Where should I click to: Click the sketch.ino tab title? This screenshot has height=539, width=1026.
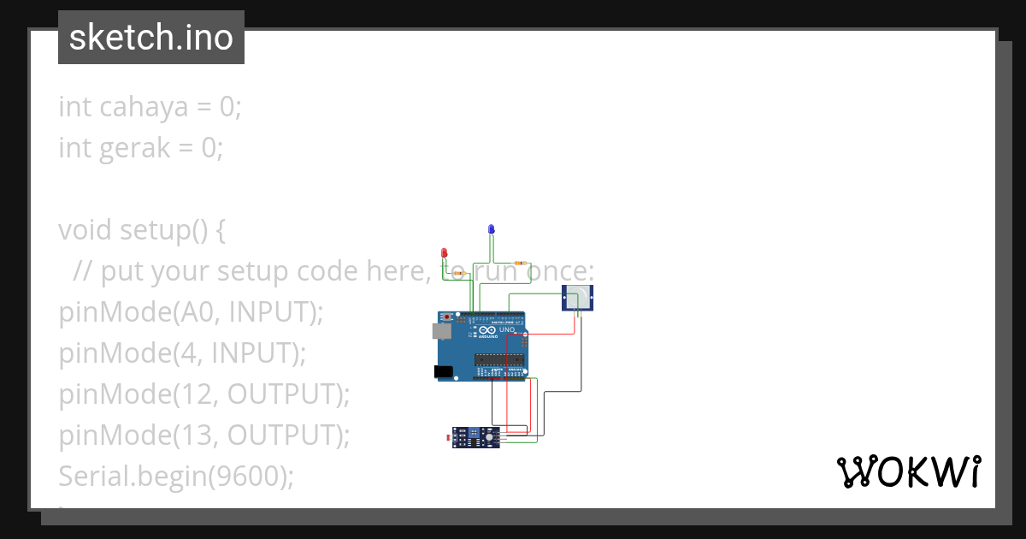151,38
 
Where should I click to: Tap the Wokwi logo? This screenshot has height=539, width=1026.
908,471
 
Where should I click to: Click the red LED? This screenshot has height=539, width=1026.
444,252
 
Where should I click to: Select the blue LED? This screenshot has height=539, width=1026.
491,229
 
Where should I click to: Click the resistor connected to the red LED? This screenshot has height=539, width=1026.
457,273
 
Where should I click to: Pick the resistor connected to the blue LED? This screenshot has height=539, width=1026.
520,263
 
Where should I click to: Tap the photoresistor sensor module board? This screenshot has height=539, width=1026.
476,437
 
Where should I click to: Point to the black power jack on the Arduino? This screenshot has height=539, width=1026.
443,371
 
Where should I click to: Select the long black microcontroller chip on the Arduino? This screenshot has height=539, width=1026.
499,358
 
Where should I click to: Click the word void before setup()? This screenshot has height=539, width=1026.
85,230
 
